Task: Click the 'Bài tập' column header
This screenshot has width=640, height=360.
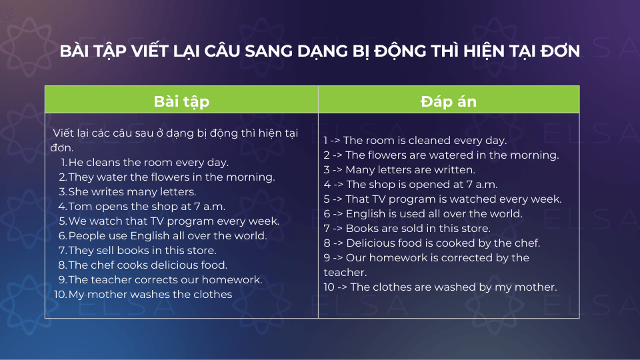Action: tap(181, 101)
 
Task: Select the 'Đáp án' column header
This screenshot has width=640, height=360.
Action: tap(449, 101)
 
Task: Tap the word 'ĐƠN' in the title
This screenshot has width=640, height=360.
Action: tap(559, 51)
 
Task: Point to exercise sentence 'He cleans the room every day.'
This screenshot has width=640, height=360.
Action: tap(149, 163)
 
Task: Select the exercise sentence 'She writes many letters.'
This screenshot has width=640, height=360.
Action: tap(132, 192)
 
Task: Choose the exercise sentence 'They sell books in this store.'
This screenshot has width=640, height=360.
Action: tap(143, 251)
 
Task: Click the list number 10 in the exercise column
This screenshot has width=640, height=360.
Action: tap(60, 294)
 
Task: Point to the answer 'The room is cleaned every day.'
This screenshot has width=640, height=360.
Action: tap(425, 141)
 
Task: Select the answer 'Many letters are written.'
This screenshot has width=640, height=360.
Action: tap(410, 170)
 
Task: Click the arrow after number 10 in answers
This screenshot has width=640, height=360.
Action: tap(343, 287)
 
